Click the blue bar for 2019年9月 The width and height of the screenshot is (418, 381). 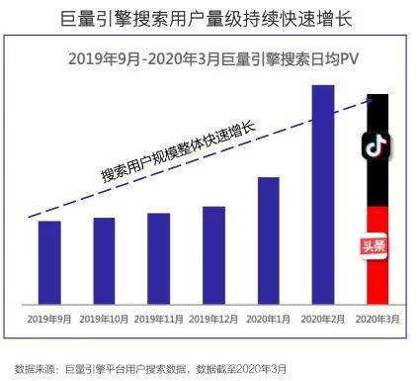click(49, 262)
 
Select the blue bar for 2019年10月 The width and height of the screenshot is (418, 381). click(104, 260)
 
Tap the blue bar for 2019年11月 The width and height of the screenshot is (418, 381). click(158, 258)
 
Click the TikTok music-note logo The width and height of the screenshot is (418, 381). click(376, 145)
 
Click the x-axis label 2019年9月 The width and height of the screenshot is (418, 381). click(49, 319)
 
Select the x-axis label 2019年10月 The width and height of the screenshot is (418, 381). click(104, 319)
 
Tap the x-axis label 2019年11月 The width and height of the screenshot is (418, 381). click(158, 319)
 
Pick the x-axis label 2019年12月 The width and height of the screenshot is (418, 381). click(213, 319)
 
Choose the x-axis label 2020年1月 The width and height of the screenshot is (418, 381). click(268, 319)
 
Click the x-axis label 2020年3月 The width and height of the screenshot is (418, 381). click(376, 319)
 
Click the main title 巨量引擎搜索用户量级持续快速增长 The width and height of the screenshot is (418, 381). click(209, 18)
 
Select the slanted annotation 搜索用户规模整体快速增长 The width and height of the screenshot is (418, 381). click(177, 151)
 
